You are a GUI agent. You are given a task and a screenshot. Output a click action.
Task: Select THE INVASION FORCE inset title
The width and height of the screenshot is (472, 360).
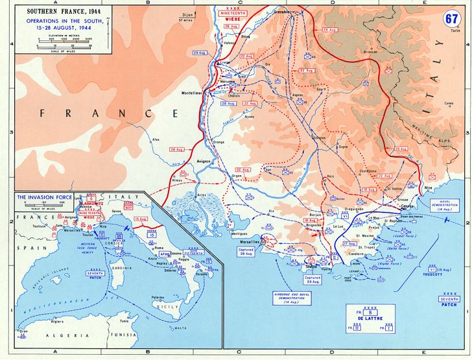47,197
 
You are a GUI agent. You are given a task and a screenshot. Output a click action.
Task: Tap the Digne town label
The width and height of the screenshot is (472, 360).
344,147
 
